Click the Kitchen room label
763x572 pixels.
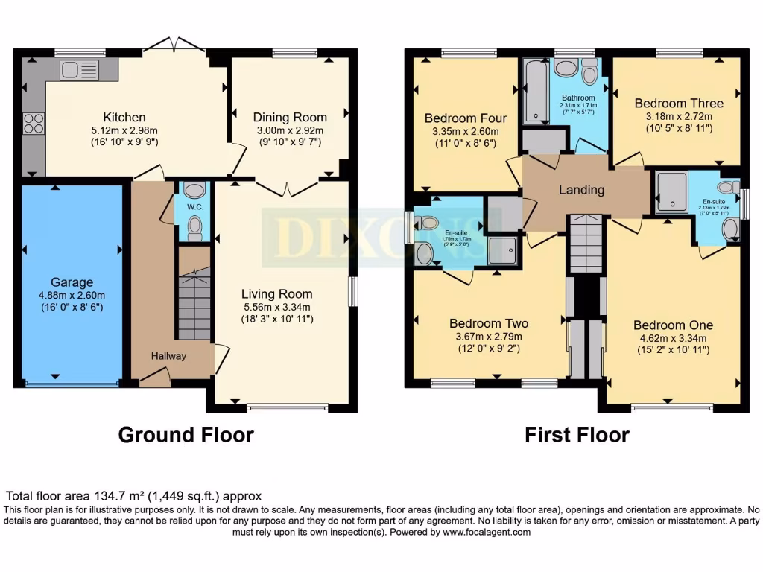tap(124, 117)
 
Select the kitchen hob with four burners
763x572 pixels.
tap(34, 122)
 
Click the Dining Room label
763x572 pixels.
tap(290, 117)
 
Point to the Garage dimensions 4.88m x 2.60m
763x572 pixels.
tap(72, 295)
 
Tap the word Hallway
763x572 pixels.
tap(168, 356)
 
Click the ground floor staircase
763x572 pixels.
tap(194, 305)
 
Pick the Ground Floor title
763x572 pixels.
tap(186, 435)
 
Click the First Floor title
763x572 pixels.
tap(577, 435)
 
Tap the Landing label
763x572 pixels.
tap(581, 190)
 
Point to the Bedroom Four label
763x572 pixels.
tap(465, 118)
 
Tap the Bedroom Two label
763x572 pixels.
tap(489, 323)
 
